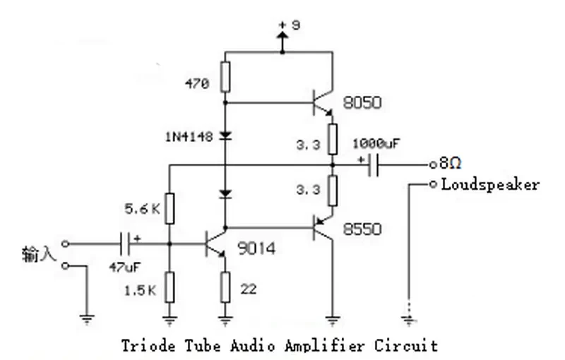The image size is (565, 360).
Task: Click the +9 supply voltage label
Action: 290,25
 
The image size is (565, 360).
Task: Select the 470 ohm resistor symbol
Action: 225,76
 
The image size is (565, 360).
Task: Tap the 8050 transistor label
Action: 362,102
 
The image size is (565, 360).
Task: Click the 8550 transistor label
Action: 362,229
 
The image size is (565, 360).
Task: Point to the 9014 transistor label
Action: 256,248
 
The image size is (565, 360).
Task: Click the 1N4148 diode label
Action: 189,137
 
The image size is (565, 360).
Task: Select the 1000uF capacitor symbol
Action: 374,165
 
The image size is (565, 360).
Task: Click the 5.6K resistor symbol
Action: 169,208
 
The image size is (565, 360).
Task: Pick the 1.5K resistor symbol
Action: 169,287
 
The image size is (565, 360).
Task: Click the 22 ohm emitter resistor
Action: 225,287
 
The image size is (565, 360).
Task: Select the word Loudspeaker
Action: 490,185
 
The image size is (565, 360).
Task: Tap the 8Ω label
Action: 450,164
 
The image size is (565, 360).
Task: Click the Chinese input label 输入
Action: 40,253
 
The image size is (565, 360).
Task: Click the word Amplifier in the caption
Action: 324,346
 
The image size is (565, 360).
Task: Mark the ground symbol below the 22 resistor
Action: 225,320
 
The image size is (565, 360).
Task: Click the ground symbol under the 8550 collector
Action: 333,320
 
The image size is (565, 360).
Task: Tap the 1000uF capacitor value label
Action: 376,143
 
